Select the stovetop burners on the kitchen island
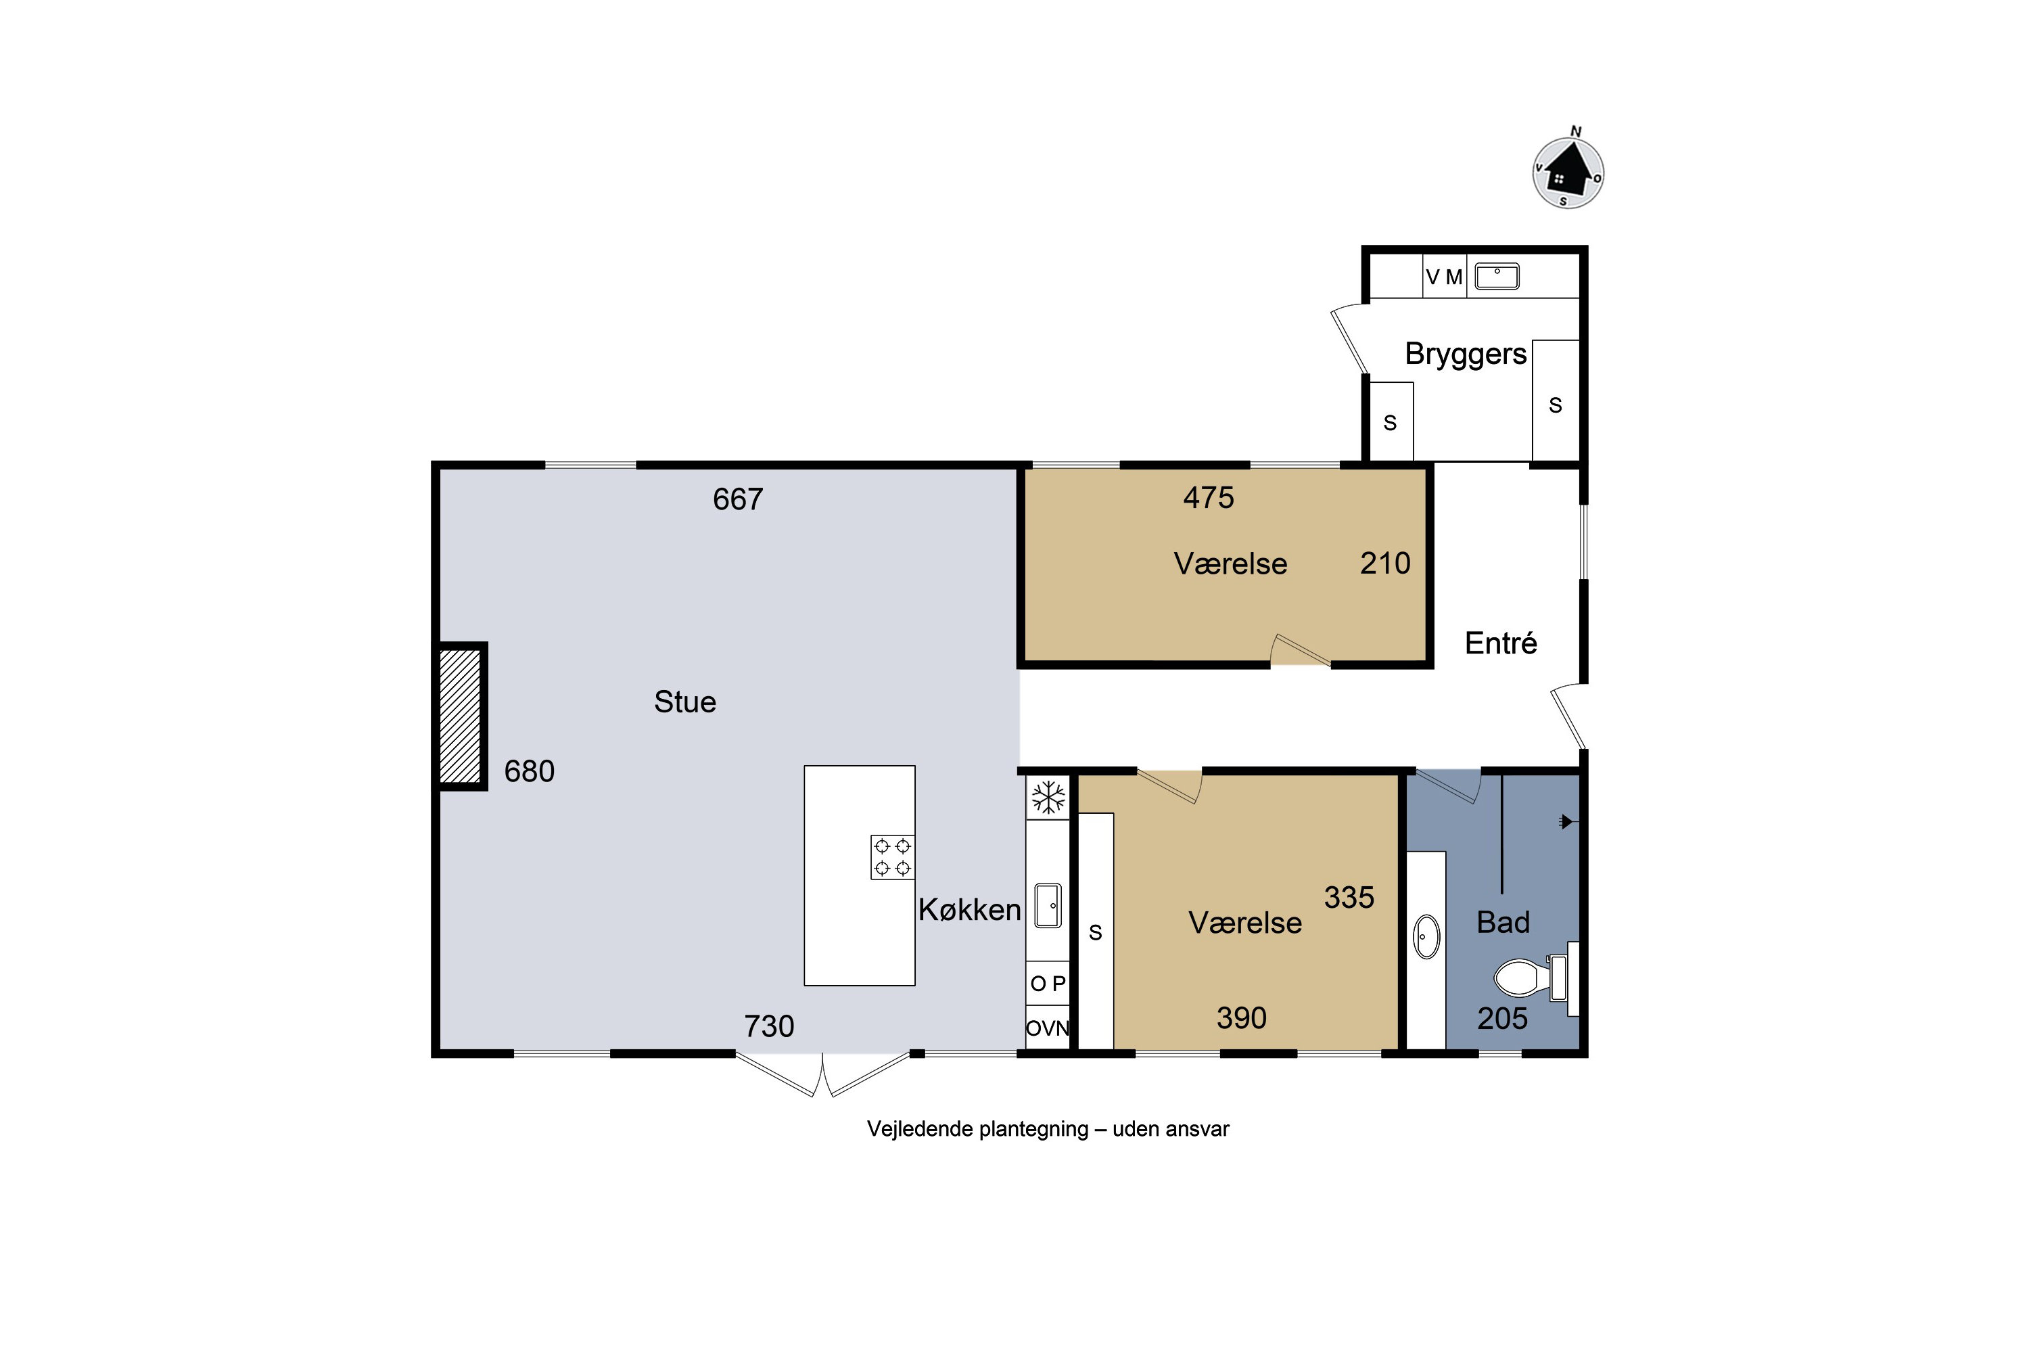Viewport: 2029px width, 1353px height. point(892,857)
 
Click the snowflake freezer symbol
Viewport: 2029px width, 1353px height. point(1048,798)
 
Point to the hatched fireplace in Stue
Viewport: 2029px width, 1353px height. point(460,716)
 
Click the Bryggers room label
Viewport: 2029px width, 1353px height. point(1466,354)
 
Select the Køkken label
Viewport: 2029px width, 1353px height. point(970,909)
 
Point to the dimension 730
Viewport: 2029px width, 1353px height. point(768,1026)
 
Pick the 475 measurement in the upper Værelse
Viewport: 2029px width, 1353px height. point(1208,497)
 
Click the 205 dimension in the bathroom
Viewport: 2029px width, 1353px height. point(1502,1018)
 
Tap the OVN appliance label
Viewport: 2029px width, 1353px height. point(1047,1028)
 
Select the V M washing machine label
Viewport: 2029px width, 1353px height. point(1444,277)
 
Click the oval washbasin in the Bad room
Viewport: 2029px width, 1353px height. point(1427,936)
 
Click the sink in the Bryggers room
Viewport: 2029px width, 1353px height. point(1497,276)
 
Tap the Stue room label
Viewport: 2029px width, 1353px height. point(685,702)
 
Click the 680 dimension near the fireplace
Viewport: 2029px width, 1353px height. point(529,771)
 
